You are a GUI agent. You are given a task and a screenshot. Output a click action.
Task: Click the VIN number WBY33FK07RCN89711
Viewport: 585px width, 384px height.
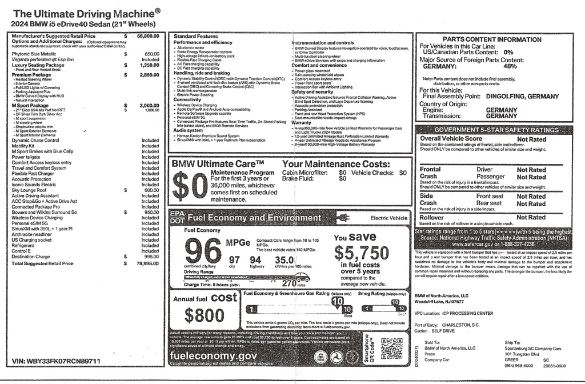pyautogui.click(x=56, y=362)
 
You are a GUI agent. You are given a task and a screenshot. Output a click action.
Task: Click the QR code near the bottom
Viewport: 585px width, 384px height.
pyautogui.click(x=391, y=348)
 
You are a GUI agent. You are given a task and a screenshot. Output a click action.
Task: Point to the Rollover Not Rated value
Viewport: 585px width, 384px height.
pyautogui.click(x=531, y=217)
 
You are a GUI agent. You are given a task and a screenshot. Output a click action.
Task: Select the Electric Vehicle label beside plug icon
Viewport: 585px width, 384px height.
pyautogui.click(x=389, y=218)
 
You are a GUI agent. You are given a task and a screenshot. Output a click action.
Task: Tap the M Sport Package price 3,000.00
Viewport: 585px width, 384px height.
pyautogui.click(x=150, y=106)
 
